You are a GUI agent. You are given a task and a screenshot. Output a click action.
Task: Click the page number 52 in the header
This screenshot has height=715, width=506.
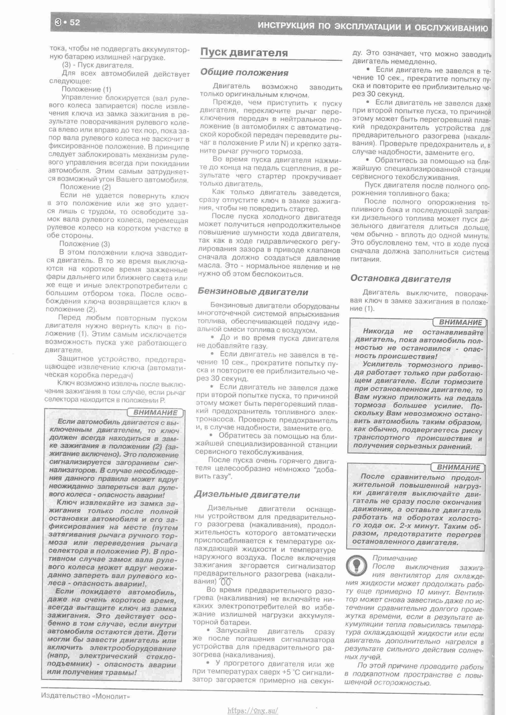coord(75,23)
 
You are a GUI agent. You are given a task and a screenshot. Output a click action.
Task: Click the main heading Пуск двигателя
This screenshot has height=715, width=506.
coord(244,53)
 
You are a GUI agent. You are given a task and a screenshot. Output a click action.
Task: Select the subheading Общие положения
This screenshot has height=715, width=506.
coord(244,73)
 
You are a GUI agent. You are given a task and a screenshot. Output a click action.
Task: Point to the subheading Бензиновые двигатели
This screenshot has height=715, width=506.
coord(253,292)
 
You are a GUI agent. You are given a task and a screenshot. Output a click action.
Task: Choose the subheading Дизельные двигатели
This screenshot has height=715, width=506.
coord(247,494)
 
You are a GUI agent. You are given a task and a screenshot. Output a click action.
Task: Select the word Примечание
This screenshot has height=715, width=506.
coord(394,558)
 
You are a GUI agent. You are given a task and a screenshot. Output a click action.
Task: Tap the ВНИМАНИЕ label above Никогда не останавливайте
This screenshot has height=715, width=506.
coord(460,322)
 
